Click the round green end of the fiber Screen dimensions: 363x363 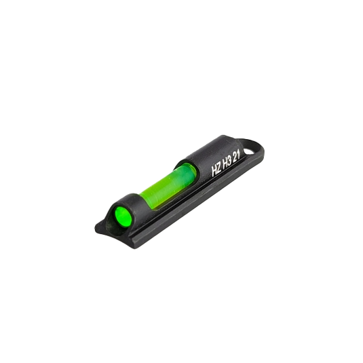[x=122, y=214]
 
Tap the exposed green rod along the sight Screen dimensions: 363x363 [x=167, y=184]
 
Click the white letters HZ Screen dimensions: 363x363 [x=217, y=170]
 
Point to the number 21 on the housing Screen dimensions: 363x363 [x=237, y=157]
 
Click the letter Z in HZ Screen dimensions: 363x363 [x=219, y=169]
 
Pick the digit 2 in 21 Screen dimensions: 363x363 [x=235, y=159]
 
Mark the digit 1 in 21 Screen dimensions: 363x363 [x=239, y=157]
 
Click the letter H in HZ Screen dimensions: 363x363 [x=214, y=172]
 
